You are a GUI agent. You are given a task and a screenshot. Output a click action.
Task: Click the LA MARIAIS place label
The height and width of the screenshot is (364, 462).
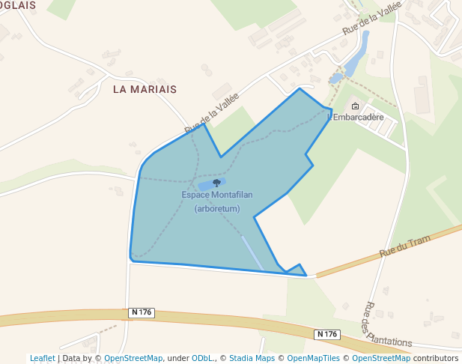pos(145,89)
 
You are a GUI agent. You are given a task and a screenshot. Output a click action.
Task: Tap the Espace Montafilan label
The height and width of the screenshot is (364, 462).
pos(217,195)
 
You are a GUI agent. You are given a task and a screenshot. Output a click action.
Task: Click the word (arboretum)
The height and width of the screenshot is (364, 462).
pos(217,209)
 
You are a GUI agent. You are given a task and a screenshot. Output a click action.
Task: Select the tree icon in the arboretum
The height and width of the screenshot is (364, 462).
pos(217,182)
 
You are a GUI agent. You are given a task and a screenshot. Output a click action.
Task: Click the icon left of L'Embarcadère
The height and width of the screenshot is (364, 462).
pos(355,106)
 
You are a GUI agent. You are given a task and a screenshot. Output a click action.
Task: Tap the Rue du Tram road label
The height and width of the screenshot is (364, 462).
pos(406,246)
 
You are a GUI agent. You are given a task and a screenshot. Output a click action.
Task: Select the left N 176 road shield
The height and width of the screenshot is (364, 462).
pos(141,312)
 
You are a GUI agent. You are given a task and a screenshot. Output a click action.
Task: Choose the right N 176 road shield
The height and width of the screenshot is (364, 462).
pos(327,334)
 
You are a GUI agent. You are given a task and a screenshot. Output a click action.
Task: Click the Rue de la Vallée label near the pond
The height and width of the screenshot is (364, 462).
pos(372,18)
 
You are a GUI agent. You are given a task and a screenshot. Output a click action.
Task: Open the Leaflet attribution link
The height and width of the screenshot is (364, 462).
pos(43,358)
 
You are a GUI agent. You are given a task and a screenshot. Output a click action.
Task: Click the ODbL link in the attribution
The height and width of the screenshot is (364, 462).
pos(202,358)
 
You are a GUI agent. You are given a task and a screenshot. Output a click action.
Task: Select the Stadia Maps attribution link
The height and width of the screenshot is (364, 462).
pos(252,358)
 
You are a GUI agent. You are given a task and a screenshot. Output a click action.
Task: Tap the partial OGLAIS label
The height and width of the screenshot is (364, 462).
pos(16,5)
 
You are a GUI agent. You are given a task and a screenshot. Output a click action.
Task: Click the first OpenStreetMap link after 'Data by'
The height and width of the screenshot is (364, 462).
pos(133,358)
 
